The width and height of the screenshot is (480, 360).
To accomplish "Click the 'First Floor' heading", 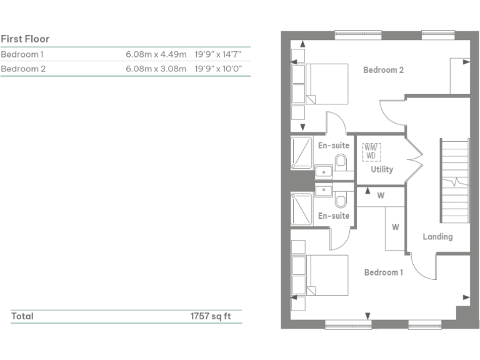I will coord(25,39).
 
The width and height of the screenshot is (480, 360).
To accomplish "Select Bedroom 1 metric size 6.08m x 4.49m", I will coord(156,54).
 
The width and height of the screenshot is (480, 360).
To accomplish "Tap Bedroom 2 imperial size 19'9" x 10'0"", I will coord(218,69).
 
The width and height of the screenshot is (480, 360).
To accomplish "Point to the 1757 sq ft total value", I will coord(211,316).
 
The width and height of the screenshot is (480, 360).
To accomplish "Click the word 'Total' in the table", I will coord(22,316).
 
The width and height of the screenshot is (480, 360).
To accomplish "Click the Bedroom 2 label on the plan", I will coord(383,70).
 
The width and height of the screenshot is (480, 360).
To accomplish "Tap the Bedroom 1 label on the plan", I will coord(384,272).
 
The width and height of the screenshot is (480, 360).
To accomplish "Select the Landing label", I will coord(437,236).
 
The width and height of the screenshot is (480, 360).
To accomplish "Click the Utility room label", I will coord(381,169).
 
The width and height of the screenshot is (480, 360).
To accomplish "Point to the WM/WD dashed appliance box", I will coord(371,151).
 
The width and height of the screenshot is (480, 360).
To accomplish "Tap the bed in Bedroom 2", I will coord(320,84).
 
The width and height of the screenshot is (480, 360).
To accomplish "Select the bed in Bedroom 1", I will coord(320,275).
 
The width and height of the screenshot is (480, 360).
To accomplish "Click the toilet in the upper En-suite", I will coord(341,163).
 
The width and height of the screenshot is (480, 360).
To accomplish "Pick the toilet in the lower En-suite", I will coord(341,201).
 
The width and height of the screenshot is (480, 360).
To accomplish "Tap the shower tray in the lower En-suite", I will coord(302,207).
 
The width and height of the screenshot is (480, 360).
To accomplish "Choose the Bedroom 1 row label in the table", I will coord(22,54).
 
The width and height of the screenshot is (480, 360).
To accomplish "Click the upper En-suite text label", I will coord(334,146).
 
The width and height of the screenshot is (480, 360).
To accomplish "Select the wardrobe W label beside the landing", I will coord(395,227).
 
